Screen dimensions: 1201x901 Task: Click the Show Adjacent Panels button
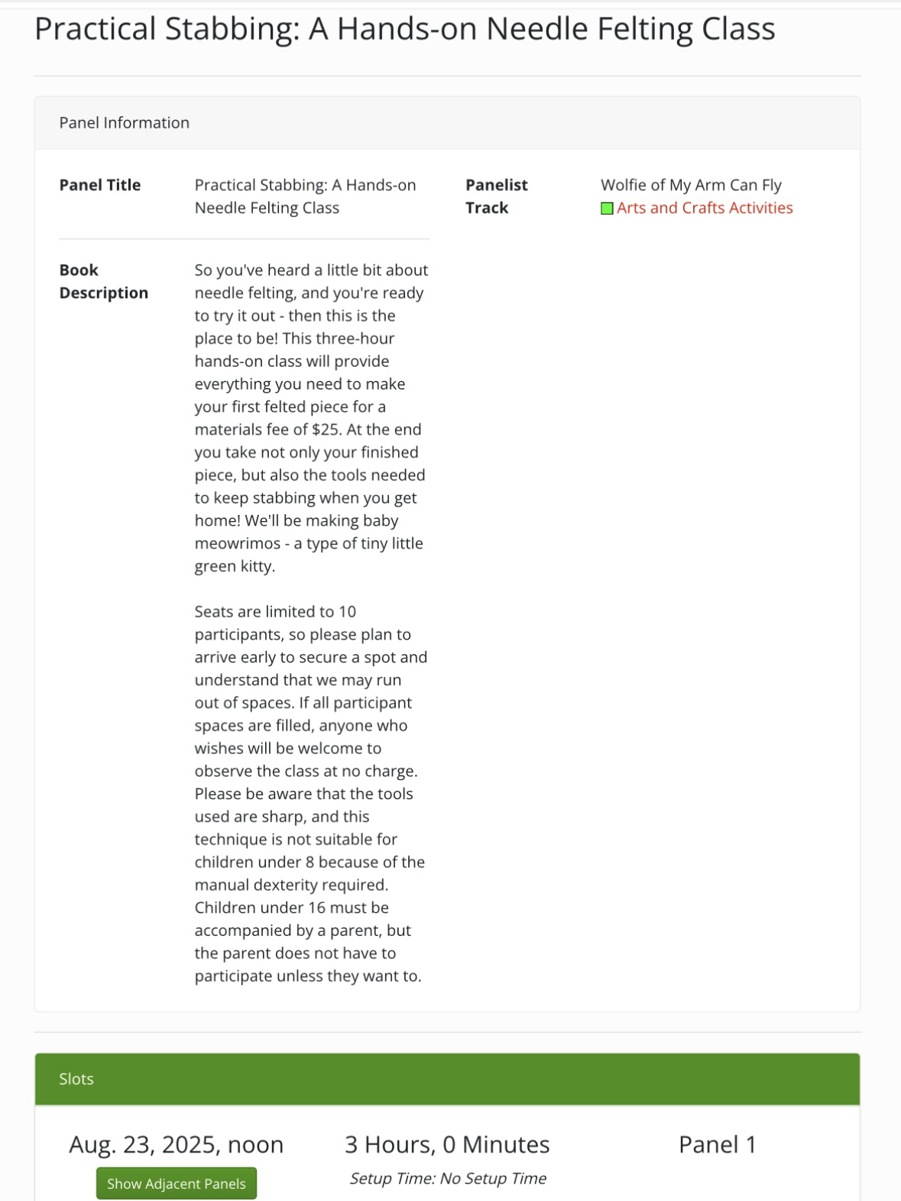176,1183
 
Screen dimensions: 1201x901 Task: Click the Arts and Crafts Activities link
704,208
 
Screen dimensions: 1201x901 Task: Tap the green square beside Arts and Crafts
607,208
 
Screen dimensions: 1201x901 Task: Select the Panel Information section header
124,123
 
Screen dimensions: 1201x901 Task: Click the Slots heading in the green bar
76,1079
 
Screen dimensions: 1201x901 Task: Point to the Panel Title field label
100,185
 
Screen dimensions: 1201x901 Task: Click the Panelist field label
497,185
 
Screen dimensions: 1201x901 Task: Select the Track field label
487,208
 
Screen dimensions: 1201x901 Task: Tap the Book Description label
103,281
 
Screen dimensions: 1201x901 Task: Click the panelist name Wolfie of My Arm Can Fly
691,185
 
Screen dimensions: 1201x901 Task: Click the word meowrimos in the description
238,543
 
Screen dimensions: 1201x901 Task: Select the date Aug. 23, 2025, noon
176,1144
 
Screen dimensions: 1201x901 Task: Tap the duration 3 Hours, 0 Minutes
447,1144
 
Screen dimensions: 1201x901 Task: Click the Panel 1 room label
717,1144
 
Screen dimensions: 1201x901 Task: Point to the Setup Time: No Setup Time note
447,1178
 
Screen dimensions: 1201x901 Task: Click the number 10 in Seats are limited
347,611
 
